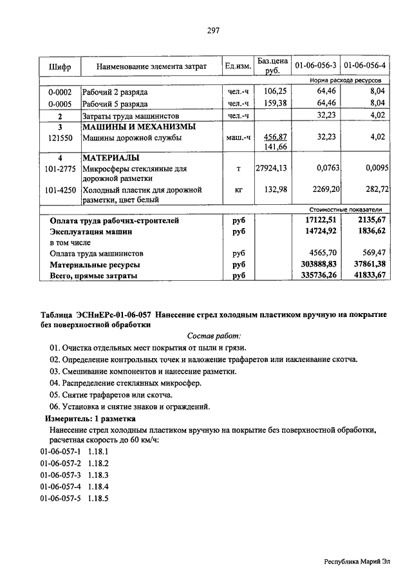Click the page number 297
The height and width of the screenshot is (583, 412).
point(214,30)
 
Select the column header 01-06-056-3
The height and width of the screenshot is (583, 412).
point(315,66)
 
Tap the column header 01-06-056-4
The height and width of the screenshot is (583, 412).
point(365,66)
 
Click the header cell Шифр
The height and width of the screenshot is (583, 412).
point(59,66)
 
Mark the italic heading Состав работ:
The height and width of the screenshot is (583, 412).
point(214,336)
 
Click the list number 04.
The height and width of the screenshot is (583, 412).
point(55,383)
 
